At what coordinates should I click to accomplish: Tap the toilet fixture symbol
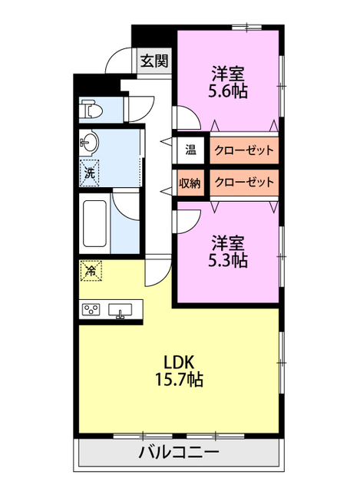click(x=93, y=110)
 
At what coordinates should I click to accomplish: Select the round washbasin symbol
click(x=91, y=141)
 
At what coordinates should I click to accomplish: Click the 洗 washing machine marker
click(x=91, y=173)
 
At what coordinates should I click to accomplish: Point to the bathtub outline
click(x=95, y=223)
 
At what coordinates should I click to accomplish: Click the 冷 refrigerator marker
click(x=91, y=270)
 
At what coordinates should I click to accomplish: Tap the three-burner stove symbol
click(x=92, y=310)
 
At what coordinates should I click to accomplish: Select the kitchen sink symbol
click(x=120, y=310)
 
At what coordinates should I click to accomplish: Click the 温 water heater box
click(x=190, y=150)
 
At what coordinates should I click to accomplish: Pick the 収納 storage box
click(x=190, y=183)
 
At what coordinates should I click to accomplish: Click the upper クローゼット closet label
click(x=243, y=150)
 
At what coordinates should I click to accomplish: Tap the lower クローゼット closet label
click(x=243, y=183)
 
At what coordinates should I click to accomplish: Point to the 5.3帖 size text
click(x=227, y=261)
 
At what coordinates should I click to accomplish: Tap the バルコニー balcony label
click(x=179, y=453)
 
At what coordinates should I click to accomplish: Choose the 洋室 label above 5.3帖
click(x=227, y=243)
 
